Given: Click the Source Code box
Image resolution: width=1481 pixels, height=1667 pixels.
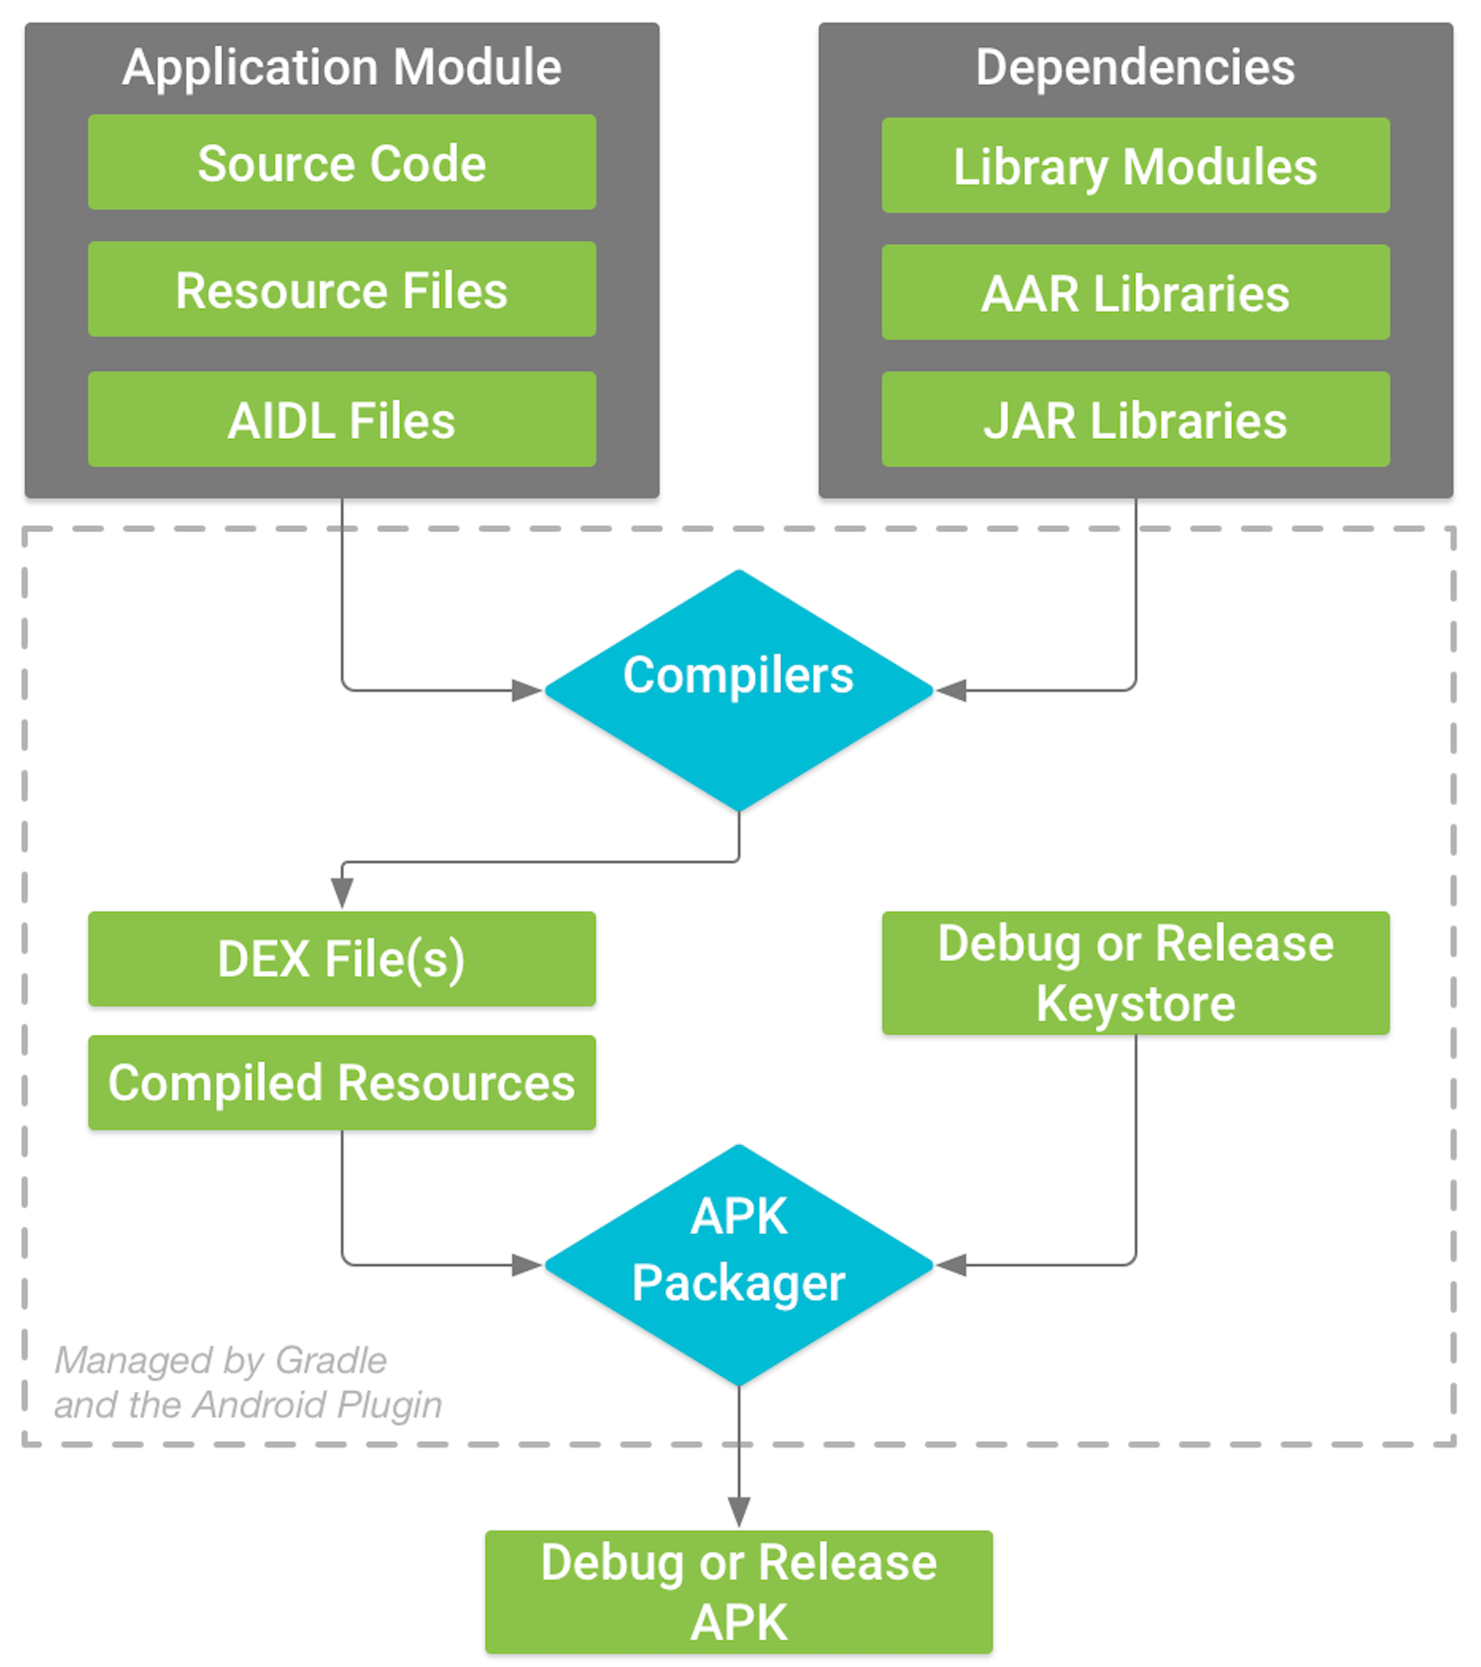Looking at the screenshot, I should tap(341, 162).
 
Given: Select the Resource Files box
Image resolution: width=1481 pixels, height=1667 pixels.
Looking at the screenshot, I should tap(341, 289).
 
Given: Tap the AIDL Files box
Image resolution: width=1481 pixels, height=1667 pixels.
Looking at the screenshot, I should tap(341, 419).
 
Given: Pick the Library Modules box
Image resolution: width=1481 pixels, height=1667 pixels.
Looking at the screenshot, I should tap(1134, 166).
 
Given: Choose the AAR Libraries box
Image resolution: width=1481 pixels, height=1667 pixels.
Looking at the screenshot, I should tap(1134, 292).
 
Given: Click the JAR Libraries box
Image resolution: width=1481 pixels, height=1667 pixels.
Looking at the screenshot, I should tap(1134, 419).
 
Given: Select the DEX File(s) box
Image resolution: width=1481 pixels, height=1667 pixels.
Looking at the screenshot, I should tap(341, 959).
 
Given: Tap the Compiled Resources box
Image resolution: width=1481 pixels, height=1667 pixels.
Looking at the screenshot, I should tap(341, 1082).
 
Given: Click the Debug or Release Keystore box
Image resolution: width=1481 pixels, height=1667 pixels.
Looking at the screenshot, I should tap(1134, 973).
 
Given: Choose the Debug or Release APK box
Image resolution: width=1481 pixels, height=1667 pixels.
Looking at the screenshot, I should tap(739, 1592).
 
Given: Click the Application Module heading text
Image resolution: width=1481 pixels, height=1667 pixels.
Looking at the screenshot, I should tap(341, 67).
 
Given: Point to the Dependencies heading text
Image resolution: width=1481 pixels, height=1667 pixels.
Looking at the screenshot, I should tap(1134, 67).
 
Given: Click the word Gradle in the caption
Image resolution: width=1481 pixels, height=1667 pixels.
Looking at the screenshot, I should tap(331, 1360).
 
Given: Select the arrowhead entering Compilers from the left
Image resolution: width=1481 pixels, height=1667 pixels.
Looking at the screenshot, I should tap(527, 690).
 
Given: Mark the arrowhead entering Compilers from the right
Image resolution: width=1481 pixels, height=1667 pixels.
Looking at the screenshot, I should tap(952, 690).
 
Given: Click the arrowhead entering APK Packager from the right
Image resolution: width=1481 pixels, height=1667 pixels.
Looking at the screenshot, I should tap(952, 1265).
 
